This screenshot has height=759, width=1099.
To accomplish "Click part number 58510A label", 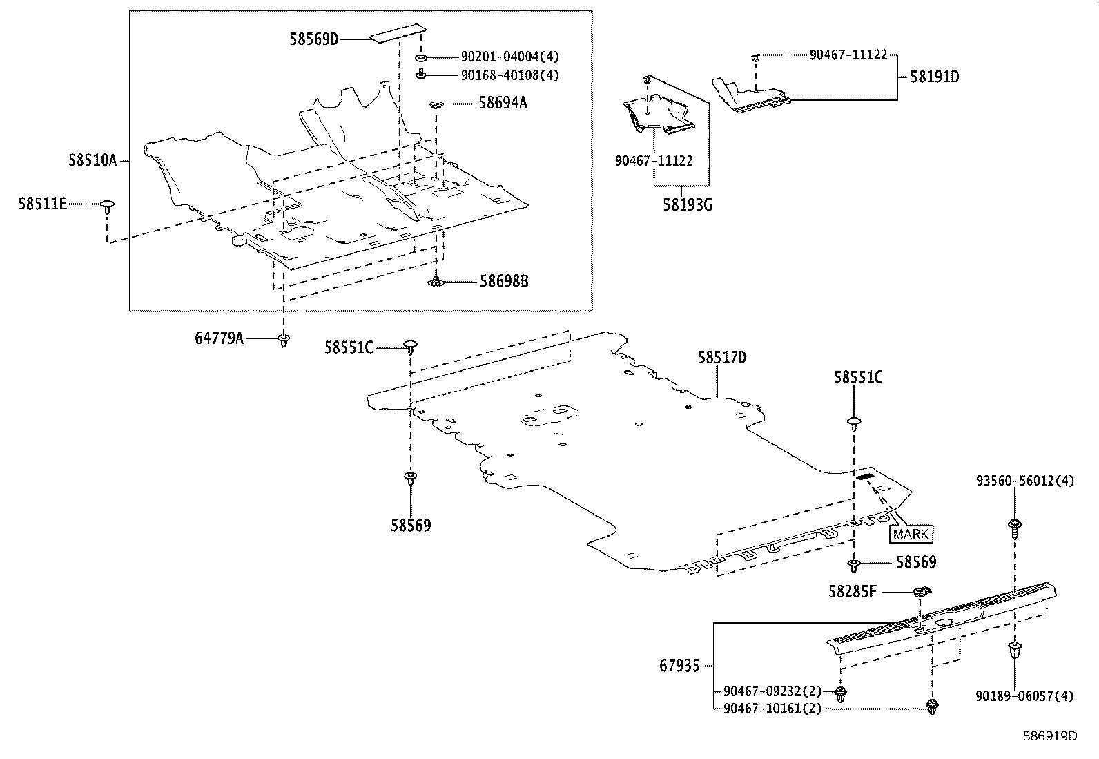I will [x=92, y=160].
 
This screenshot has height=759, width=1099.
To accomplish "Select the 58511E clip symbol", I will [x=107, y=205].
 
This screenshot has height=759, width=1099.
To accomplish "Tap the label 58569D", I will [x=313, y=39].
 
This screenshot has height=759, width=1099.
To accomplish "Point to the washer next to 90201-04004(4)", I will [x=420, y=57].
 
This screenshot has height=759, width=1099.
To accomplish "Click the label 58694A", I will [x=503, y=103].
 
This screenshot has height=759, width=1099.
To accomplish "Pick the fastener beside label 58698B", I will [x=436, y=281].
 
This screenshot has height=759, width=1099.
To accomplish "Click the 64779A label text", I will [x=218, y=338].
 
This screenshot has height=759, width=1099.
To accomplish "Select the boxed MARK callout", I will [x=911, y=534].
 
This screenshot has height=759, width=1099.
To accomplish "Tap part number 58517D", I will [x=721, y=358].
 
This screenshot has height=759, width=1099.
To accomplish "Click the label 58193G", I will [x=688, y=205].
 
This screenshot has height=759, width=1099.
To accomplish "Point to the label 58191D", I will [x=934, y=77].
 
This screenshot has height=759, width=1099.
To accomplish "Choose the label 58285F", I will [x=853, y=591].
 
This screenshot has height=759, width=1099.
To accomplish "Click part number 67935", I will [x=679, y=666].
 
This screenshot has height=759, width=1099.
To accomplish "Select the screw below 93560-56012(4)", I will [x=1015, y=527].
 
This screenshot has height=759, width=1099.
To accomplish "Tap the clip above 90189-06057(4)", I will [x=1015, y=651].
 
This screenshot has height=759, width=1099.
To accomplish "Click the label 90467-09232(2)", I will [x=772, y=691].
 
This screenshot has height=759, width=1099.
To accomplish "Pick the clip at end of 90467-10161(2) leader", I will [x=932, y=706].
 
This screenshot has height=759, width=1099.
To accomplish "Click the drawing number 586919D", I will [x=1049, y=736].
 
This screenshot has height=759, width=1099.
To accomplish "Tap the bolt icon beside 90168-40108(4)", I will [x=420, y=75].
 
